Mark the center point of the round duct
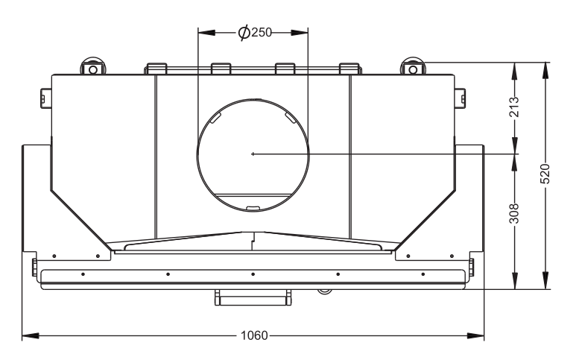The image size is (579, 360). (253, 154)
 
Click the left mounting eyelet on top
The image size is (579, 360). (93, 67)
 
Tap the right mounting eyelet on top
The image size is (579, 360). (412, 67)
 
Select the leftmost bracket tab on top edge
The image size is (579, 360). (155, 69)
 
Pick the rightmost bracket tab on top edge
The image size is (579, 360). (350, 69)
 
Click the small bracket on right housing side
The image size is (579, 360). (461, 97)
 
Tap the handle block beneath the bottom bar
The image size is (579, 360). (253, 297)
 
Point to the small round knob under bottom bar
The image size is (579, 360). (323, 290)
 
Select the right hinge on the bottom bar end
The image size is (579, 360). (471, 265)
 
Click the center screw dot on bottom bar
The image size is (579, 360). (253, 274)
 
